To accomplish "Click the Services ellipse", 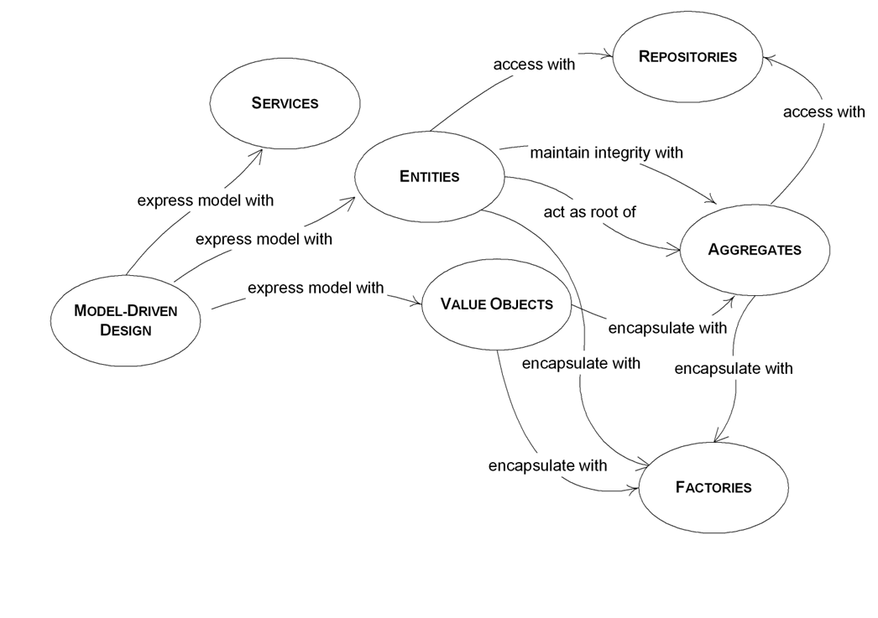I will point(285,103).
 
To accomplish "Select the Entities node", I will point(429,176).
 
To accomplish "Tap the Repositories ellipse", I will point(687,57).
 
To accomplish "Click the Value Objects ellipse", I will point(496,304).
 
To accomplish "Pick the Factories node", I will point(713,487).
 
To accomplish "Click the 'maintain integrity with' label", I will point(606,153).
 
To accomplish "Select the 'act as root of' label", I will point(589,212).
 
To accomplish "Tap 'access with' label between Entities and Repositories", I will point(534,64).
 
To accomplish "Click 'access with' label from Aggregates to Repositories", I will point(823,112).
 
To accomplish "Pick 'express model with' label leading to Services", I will point(205,200).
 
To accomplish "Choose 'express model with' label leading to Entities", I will point(264,239).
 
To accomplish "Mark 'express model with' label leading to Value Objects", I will point(316,288).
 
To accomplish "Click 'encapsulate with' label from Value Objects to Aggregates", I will point(667,328).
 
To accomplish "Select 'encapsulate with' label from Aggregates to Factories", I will point(733,368).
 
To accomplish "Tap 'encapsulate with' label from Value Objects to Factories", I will point(547,465).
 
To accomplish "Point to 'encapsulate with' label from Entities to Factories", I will point(581,363).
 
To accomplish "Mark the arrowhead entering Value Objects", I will point(415,303).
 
